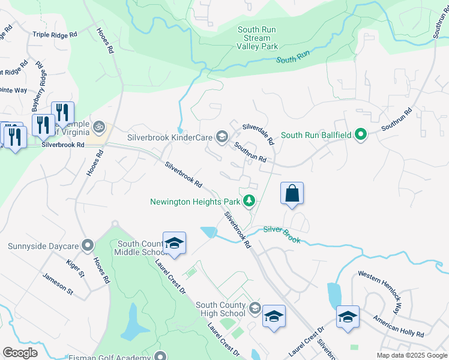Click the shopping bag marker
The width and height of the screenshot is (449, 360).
pos(292,194)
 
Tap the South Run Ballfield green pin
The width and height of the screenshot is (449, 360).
pos(360,135)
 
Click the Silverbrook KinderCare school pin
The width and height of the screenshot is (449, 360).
pos(221,137)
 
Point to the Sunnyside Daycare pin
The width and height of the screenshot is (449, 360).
pos(88,245)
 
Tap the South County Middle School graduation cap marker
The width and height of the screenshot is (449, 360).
pos(174,244)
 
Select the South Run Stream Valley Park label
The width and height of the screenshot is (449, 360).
pos(258,38)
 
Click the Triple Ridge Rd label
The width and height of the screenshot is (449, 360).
pos(56,35)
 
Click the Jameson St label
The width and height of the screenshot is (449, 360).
pos(57,284)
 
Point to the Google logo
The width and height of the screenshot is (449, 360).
pos(20,352)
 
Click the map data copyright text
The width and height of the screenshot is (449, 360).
pos(412,355)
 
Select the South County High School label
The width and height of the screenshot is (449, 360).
pos(220,309)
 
